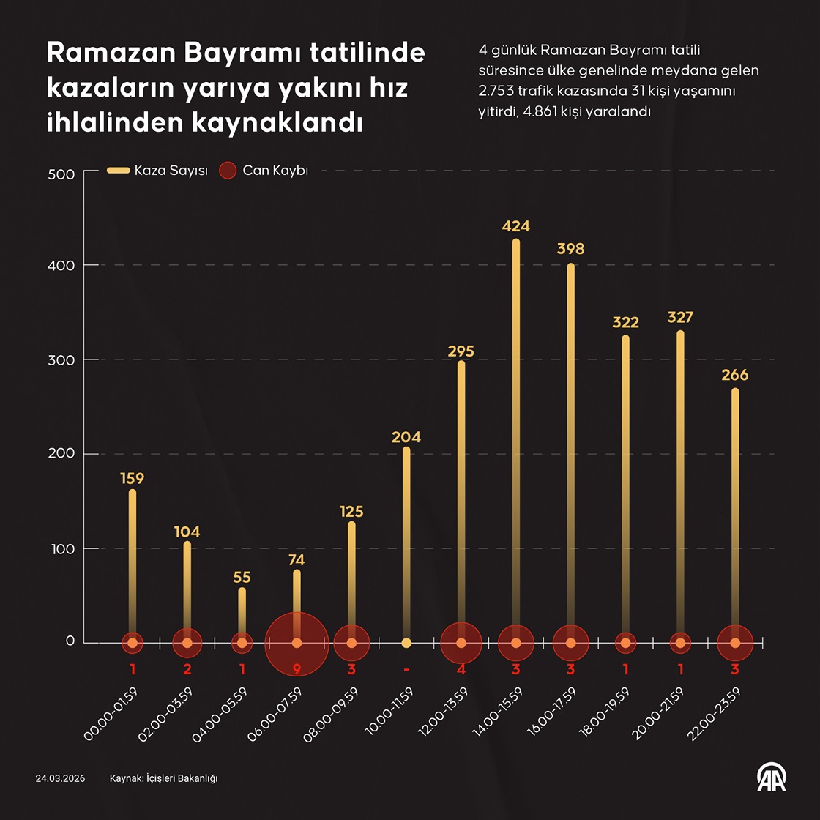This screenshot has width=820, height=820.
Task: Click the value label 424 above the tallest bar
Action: coord(515,226)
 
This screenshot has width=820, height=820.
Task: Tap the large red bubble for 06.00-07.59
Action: coord(297,643)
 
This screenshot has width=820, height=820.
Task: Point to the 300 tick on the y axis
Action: coord(63,359)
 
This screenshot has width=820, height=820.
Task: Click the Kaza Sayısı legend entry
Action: coord(158,171)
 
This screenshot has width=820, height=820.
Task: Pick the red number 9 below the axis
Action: coord(297,669)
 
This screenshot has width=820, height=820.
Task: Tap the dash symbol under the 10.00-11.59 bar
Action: coord(406,669)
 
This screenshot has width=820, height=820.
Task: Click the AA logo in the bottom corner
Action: coord(771,778)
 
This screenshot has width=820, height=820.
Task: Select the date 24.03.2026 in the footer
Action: coord(60,778)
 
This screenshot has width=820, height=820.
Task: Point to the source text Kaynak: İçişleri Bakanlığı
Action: coord(163,778)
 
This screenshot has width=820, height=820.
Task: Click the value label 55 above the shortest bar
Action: coord(242,578)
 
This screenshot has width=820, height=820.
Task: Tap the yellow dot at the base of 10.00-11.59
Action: coord(406,643)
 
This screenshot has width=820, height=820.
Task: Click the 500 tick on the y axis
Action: coord(63,174)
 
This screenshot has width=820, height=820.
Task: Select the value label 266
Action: coord(734,375)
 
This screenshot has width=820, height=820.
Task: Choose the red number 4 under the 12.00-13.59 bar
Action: coord(461,669)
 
